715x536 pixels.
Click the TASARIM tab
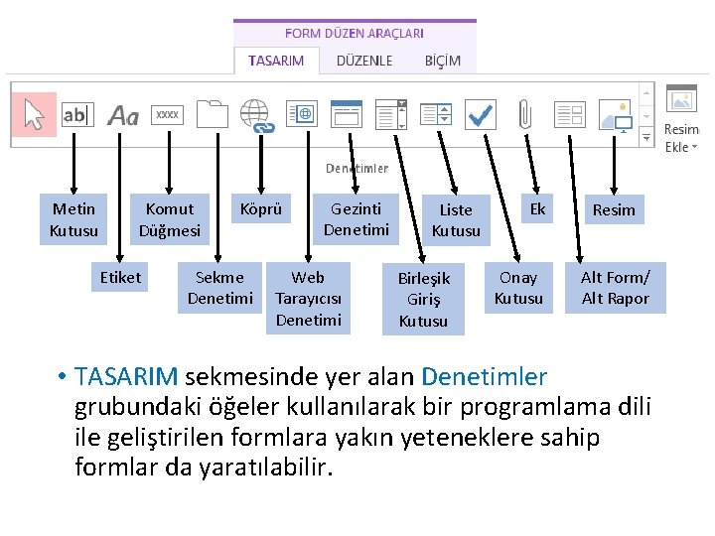tap(277, 61)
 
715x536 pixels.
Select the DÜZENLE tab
tap(364, 61)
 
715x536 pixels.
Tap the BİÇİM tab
tap(443, 61)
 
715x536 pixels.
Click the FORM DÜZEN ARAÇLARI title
tap(355, 34)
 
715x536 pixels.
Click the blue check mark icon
tap(481, 114)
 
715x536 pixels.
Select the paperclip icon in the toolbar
tap(525, 115)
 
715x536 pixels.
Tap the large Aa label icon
tap(123, 116)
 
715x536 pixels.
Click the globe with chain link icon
tap(256, 115)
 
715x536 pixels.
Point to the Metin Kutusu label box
tap(74, 219)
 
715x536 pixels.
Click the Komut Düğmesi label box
tap(170, 219)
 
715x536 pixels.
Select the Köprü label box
tap(261, 209)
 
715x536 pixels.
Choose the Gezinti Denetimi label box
tap(357, 219)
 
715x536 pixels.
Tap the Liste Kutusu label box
tap(456, 220)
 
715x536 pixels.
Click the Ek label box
tap(537, 209)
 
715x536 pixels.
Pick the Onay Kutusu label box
tap(518, 288)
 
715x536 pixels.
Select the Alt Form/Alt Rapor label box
tap(615, 288)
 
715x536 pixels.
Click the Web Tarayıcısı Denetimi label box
tap(308, 299)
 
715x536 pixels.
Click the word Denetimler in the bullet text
tap(484, 377)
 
